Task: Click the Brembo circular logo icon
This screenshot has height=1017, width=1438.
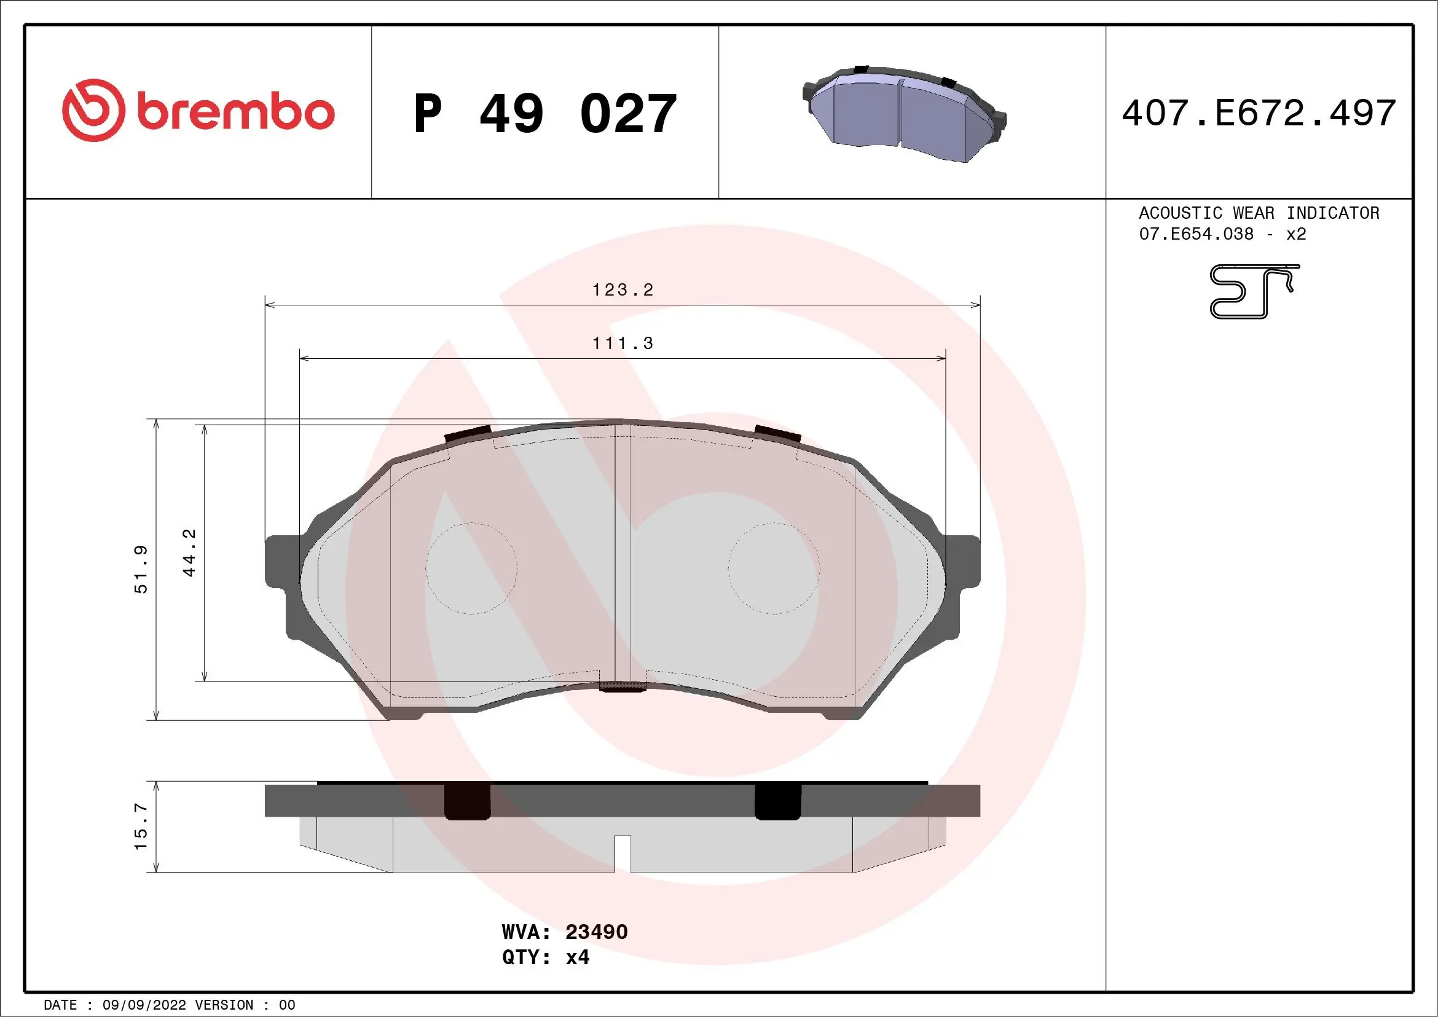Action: pos(93,110)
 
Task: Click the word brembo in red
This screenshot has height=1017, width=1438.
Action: pos(235,112)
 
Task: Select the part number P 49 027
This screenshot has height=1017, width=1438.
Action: pos(545,114)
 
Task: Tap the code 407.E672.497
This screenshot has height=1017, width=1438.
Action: pos(1259,113)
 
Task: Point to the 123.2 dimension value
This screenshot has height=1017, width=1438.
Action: pos(623,290)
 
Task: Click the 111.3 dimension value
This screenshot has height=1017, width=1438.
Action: pos(623,343)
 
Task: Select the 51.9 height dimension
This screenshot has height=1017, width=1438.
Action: pos(141,568)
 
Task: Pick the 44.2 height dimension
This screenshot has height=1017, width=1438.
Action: pos(189,552)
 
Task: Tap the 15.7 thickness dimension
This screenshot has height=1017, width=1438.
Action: pos(141,827)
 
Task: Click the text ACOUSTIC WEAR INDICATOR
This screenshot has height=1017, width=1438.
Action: pos(1259,213)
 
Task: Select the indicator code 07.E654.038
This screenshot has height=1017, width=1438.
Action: pos(1196,234)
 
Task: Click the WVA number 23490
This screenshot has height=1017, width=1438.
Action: pos(596,932)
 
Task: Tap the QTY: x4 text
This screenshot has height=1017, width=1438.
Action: pos(546,957)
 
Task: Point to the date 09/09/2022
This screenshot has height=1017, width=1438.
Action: pos(144,1005)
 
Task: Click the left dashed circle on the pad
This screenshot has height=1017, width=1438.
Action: pos(471,568)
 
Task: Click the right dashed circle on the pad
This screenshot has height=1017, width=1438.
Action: pos(774,568)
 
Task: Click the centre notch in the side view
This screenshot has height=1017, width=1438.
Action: pos(622,853)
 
